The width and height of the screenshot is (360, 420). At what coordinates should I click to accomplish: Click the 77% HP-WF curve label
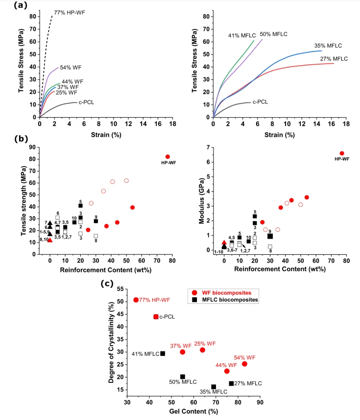pyautogui.click(x=70, y=12)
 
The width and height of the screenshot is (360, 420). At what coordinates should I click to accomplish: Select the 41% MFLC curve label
pyautogui.click(x=241, y=36)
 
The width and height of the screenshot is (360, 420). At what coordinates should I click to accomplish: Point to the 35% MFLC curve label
pyautogui.click(x=328, y=46)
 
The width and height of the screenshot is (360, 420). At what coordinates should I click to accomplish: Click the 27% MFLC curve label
pyautogui.click(x=335, y=59)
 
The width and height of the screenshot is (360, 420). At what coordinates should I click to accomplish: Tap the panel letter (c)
pyautogui.click(x=107, y=283)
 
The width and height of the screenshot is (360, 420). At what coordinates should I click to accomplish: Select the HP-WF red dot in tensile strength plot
pyautogui.click(x=168, y=157)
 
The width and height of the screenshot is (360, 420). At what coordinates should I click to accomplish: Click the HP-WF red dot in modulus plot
pyautogui.click(x=342, y=153)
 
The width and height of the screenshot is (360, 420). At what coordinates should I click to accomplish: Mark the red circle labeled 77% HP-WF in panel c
pyautogui.click(x=136, y=300)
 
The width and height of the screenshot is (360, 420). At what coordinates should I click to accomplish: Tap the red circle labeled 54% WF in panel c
pyautogui.click(x=244, y=364)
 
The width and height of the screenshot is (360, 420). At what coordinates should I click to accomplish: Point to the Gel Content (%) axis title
pyautogui.click(x=193, y=411)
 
